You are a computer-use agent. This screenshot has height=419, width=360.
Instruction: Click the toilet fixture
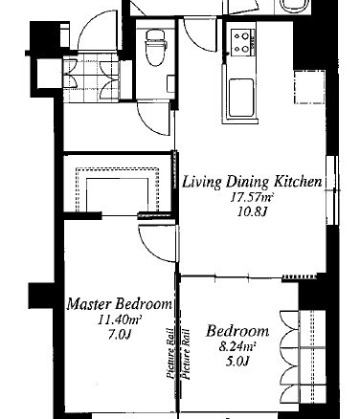[156, 48]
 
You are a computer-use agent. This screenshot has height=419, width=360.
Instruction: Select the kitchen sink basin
[241, 98]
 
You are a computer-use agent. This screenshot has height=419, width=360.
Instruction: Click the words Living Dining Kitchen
[252, 182]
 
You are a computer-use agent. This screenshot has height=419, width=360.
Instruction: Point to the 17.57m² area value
[252, 198]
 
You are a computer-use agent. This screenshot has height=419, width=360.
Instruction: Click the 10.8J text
[252, 211]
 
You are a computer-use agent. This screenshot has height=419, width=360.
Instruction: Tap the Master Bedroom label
[120, 303]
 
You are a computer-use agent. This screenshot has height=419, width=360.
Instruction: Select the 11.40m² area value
[120, 320]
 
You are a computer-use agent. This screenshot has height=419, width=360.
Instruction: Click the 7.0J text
[120, 334]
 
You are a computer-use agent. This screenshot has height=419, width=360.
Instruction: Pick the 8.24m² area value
[237, 346]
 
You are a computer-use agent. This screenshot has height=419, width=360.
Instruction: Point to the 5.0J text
[237, 361]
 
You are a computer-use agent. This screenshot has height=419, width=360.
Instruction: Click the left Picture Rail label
[170, 354]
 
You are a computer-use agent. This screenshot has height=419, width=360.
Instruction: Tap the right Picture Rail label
[186, 354]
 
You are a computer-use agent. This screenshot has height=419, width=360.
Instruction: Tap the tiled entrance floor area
[91, 77]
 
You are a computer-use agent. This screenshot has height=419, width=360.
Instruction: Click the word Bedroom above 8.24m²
[237, 331]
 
